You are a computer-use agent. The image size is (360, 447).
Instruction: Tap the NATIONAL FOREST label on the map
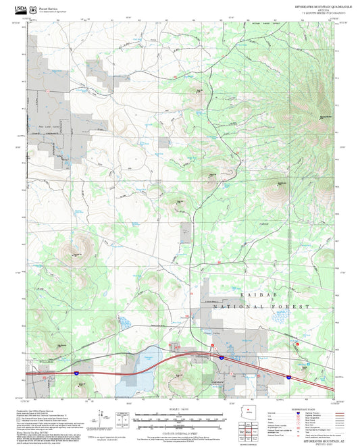261,307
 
